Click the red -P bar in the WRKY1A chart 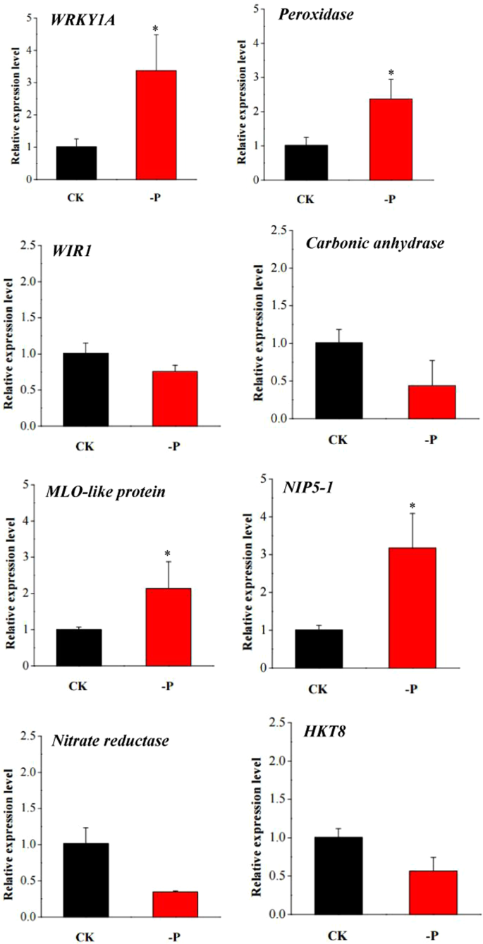157,125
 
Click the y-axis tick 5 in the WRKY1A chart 28,18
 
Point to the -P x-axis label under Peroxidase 389,200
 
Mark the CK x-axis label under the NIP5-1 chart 319,688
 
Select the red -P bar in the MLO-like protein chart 168,627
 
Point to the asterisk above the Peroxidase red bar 390,73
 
